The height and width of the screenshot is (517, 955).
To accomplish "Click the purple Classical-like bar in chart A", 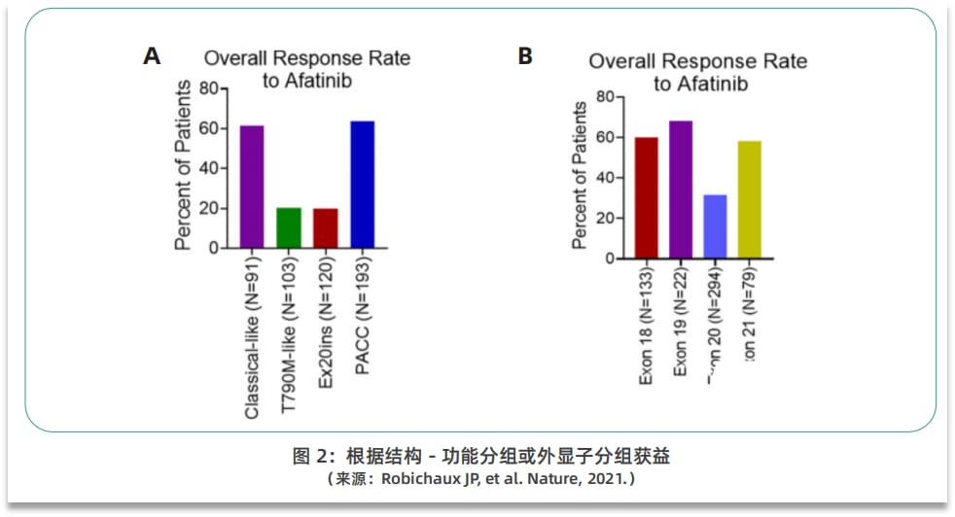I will pyautogui.click(x=252, y=187).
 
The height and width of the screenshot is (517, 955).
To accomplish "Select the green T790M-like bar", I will pyautogui.click(x=289, y=227).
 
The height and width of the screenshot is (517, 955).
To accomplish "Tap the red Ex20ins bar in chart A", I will pyautogui.click(x=325, y=227).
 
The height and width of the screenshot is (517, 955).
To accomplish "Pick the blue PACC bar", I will pyautogui.click(x=362, y=184).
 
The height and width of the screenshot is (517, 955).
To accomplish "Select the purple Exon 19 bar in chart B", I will pyautogui.click(x=681, y=190).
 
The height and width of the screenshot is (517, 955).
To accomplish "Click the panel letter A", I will pyautogui.click(x=151, y=56).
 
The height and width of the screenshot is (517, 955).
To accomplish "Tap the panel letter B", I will pyautogui.click(x=525, y=56).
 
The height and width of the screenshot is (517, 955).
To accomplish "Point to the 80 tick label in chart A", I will pyautogui.click(x=208, y=88).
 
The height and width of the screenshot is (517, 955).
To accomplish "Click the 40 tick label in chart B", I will pyautogui.click(x=604, y=178).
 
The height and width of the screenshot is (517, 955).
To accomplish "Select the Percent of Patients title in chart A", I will pyautogui.click(x=183, y=166).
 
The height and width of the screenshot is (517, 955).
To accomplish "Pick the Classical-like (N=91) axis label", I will pyautogui.click(x=252, y=339).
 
